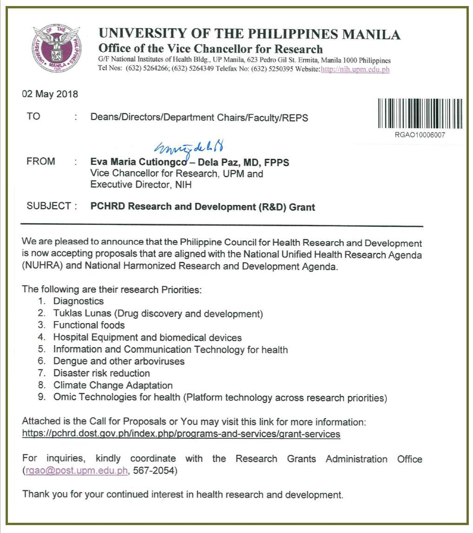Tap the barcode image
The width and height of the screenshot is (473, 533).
[x=420, y=113]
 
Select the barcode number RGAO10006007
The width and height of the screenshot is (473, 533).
[x=420, y=135]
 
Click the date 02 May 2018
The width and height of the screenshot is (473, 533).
[x=50, y=94]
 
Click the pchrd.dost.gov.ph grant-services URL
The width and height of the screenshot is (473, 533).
[x=181, y=434]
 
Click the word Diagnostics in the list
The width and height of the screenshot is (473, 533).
[x=78, y=301]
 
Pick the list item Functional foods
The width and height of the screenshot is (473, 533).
[x=89, y=325]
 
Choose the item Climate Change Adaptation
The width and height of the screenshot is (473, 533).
[x=113, y=385]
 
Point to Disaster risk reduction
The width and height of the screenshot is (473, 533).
[x=101, y=373]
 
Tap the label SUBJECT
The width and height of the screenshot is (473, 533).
[x=49, y=206]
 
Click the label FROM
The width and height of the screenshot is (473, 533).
[x=41, y=162]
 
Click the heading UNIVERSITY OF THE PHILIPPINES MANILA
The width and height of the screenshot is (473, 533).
[x=249, y=34]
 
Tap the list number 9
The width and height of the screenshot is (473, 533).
[x=42, y=397]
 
